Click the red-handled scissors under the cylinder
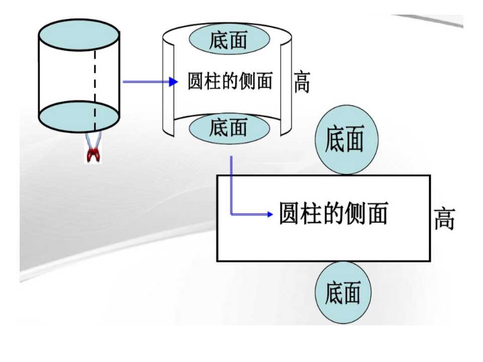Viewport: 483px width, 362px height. [x=93, y=148]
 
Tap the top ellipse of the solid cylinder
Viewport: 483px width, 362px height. [x=79, y=35]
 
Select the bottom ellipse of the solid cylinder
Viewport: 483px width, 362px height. [x=79, y=117]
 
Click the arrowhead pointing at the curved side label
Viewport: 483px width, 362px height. [x=174, y=81]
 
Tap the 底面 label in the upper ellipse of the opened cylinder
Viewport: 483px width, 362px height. [x=228, y=40]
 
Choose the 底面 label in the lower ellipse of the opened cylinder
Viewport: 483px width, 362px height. [x=228, y=127]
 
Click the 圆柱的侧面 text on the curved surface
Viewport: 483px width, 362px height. [x=230, y=81]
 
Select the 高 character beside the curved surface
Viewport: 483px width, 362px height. [x=302, y=82]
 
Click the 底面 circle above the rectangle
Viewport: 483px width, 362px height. [x=346, y=139]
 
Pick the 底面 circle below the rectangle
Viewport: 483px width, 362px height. [x=343, y=293]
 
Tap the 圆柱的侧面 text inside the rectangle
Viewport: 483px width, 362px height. [x=333, y=213]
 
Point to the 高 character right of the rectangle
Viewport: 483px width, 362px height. [x=444, y=219]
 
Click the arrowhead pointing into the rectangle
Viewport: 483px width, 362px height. [x=270, y=214]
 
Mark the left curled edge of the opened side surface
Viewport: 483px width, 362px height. [x=169, y=89]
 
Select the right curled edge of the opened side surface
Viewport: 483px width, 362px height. [x=286, y=89]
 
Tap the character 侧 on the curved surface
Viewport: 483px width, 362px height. [x=248, y=81]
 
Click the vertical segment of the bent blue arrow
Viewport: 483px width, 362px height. [x=231, y=185]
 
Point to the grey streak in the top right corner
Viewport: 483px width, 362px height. [x=428, y=20]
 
